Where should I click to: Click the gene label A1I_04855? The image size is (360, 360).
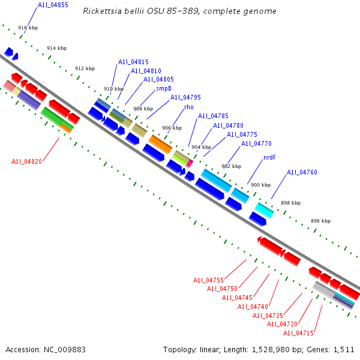[x=53, y=5]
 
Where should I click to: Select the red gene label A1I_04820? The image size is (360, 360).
[x=26, y=161]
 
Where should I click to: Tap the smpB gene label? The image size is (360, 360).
[x=164, y=88]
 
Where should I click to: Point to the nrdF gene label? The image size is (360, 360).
[x=269, y=157]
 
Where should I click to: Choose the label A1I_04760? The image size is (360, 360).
[x=302, y=173]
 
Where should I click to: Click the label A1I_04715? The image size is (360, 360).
[x=298, y=333]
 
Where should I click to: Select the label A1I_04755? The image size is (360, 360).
[x=208, y=280]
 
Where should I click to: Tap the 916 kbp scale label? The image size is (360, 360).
[x=28, y=28]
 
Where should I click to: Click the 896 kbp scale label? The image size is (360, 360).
[x=320, y=221]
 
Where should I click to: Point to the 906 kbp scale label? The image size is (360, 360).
[x=172, y=128]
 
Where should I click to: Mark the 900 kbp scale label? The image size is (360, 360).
[x=260, y=185]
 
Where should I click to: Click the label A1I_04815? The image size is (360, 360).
[x=133, y=62]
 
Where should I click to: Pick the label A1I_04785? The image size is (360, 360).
[x=213, y=116]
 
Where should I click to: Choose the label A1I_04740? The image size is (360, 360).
[x=253, y=307]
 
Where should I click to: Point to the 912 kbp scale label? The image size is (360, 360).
[x=85, y=68]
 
